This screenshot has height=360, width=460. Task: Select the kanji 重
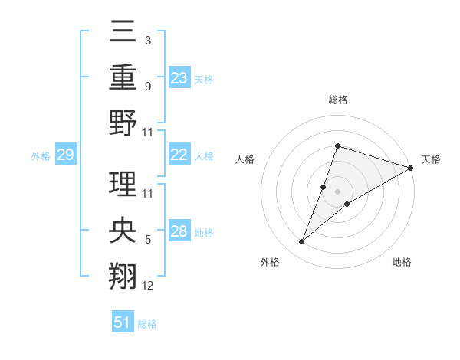(124, 77)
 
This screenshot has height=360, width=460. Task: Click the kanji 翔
(124, 274)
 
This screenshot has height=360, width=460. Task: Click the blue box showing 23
(179, 78)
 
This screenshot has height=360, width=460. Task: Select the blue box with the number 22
(179, 155)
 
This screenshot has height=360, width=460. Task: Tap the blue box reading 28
(179, 231)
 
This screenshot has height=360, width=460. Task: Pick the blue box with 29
(65, 155)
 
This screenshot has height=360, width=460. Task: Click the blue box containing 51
(122, 323)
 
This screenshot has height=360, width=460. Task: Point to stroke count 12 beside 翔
(148, 286)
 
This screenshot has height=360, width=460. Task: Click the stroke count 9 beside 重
(148, 87)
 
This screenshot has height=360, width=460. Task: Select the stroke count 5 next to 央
(148, 241)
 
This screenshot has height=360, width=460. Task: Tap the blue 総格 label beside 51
(147, 324)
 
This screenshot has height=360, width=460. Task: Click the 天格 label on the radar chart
(431, 159)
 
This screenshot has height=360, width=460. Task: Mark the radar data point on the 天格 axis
(410, 169)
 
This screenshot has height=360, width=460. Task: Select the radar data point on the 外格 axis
(302, 242)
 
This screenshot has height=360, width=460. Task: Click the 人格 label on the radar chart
(245, 159)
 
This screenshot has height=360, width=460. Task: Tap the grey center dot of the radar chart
(337, 191)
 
